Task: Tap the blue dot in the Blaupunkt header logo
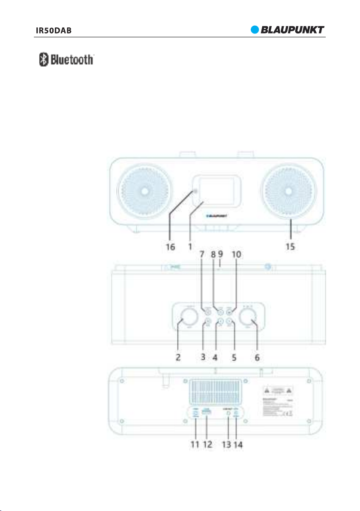(255, 30)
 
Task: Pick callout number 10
(237, 255)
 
